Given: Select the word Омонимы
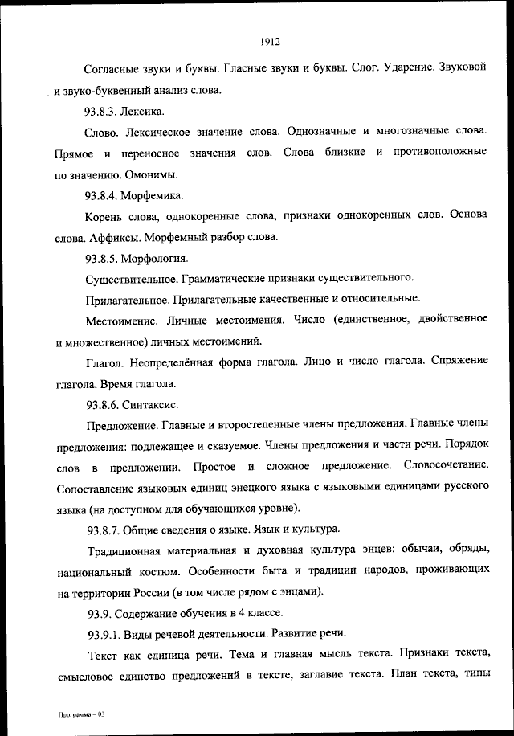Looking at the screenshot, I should click(151, 174).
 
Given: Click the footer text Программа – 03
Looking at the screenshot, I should click(81, 715).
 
